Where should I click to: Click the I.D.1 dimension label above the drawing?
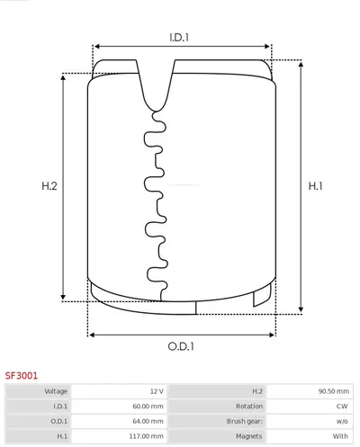(179, 37)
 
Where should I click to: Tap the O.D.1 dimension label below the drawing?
(181, 346)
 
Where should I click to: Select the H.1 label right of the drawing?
(315, 186)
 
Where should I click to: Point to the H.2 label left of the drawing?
(49, 186)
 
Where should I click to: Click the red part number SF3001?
(22, 375)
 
